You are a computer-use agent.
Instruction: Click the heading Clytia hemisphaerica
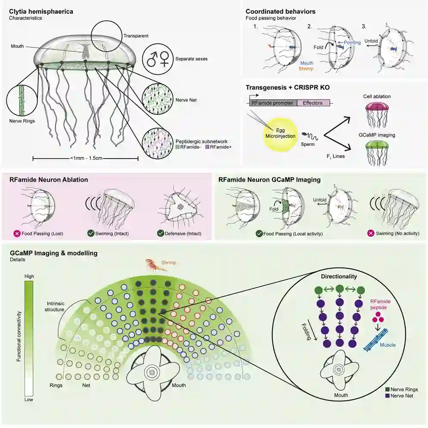(x=41, y=11)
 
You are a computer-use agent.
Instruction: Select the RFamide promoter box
(x=272, y=103)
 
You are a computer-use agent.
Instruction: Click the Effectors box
(x=313, y=103)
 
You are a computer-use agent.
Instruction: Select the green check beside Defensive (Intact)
(x=159, y=234)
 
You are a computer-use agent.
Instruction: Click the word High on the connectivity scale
(x=29, y=276)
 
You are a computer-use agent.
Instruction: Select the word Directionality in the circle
(x=339, y=277)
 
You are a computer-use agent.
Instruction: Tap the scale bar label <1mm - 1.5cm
(x=86, y=159)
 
